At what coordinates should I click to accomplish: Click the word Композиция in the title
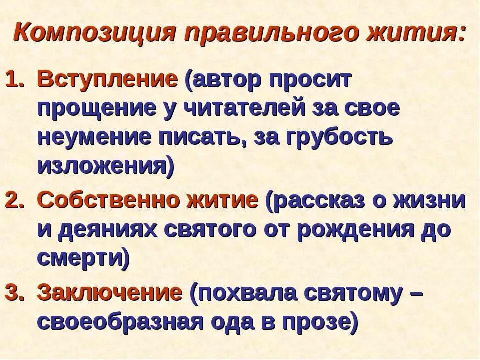pyautogui.click(x=95, y=33)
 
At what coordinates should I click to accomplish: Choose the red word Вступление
pyautogui.click(x=108, y=80)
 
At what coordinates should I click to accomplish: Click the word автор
pyautogui.click(x=225, y=80)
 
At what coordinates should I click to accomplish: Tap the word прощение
pyautogui.click(x=99, y=109)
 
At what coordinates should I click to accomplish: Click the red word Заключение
pyautogui.click(x=110, y=292)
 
